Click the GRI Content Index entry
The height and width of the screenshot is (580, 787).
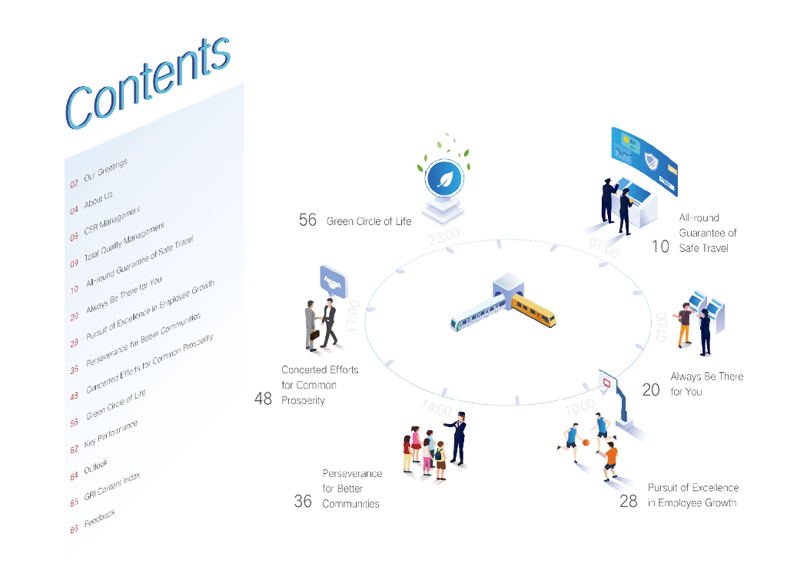pos(111,489)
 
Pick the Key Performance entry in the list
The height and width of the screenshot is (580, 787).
pos(111,436)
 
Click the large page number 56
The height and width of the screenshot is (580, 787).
pos(307,220)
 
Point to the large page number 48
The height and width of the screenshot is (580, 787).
pos(263,399)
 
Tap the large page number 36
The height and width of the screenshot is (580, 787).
pos(303,502)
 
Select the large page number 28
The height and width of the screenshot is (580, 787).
pos(629,502)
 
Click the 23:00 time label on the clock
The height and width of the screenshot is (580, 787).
pos(444,237)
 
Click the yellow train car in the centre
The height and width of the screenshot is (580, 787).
pos(534,309)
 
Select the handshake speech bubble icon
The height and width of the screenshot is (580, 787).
pos(333,283)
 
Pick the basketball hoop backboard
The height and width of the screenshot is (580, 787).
pos(607,380)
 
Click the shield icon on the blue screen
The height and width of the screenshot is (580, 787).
pos(652,162)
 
